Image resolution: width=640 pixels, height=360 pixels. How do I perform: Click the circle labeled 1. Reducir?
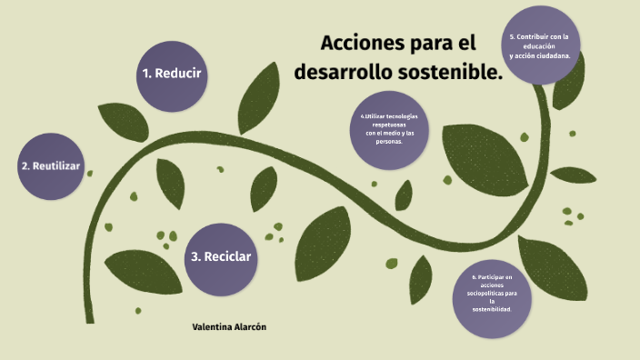171,74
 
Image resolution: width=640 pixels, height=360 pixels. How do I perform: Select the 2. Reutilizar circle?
51,166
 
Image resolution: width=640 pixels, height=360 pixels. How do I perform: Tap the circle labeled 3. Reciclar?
221,256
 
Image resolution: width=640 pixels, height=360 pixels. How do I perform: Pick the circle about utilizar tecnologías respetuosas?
388,130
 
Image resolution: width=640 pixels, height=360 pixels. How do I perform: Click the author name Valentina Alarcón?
229,325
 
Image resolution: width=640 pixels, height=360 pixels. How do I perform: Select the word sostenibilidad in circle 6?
492,309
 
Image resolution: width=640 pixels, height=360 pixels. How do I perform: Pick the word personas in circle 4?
388,142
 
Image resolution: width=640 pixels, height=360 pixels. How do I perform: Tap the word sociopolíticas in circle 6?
485,293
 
